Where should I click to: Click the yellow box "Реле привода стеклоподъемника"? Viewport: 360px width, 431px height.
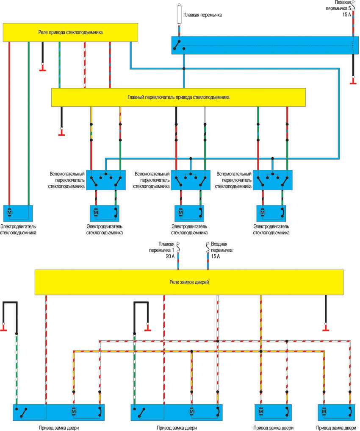(x=70, y=32)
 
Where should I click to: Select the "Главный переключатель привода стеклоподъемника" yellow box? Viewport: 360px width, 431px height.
(x=178, y=97)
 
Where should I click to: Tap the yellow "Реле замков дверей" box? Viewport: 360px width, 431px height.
(x=188, y=282)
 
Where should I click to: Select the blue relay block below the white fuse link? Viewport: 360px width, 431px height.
(x=263, y=45)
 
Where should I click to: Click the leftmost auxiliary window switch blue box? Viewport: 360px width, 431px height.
(x=106, y=180)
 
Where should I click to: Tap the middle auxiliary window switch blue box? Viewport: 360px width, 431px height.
(x=191, y=180)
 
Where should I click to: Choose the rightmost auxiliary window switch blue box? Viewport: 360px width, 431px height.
(x=273, y=180)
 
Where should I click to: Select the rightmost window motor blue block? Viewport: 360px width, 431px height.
(x=271, y=212)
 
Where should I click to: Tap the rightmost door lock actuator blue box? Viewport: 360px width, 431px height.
(x=337, y=412)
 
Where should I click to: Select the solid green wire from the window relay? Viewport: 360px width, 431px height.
(x=28, y=127)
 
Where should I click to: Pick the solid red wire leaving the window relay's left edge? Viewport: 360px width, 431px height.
(x=9, y=127)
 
